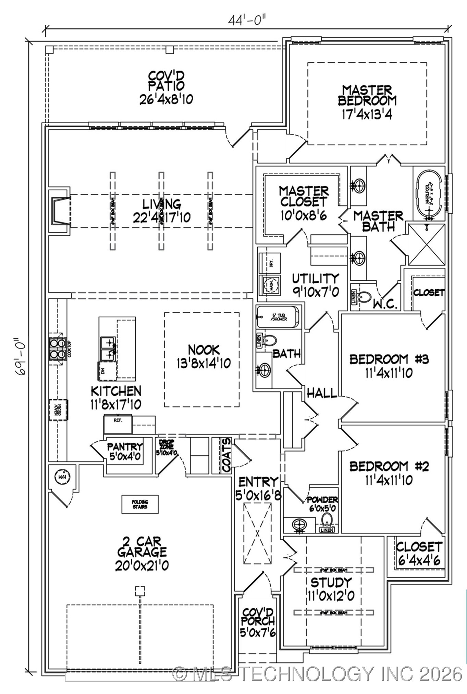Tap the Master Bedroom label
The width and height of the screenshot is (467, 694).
(367, 96)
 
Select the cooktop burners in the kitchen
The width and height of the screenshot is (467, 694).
(57, 349)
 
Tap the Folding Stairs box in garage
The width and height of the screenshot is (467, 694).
(140, 504)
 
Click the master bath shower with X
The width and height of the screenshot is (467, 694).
(427, 244)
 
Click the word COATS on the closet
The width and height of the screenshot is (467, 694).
(226, 455)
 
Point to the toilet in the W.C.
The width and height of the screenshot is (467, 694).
(364, 296)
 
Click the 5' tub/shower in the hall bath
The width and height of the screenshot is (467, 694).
(278, 317)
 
